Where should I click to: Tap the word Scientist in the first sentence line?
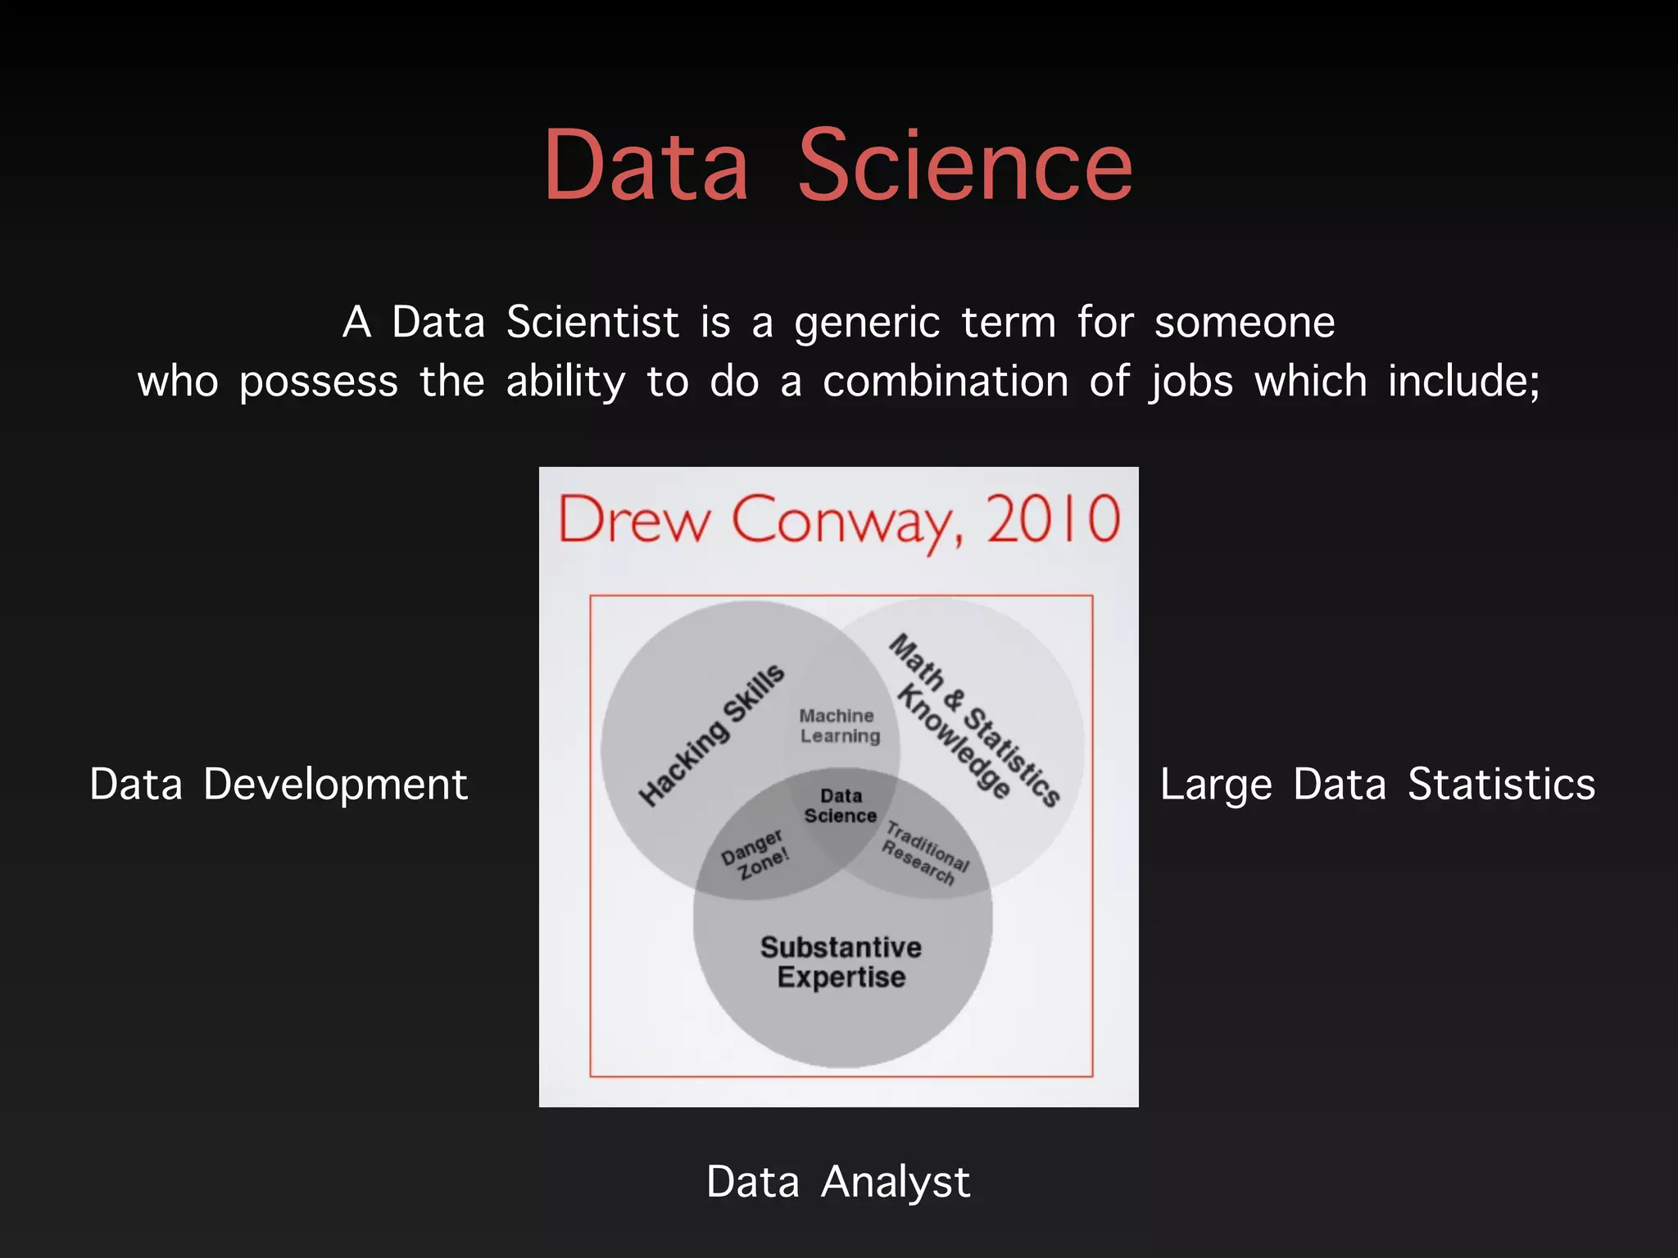click(x=592, y=322)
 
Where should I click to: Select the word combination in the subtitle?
click(x=946, y=382)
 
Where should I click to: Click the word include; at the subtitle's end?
click(x=1464, y=382)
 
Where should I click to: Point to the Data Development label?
click(x=279, y=784)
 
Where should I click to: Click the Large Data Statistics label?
click(x=1377, y=784)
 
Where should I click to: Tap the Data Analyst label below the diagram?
click(x=838, y=1182)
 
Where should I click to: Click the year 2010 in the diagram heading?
click(x=1053, y=519)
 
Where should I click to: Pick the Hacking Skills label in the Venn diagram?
click(x=711, y=735)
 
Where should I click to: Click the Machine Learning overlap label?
click(x=839, y=726)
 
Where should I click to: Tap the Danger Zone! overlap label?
click(x=755, y=854)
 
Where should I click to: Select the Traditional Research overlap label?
click(x=925, y=854)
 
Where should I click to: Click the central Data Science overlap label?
click(x=841, y=806)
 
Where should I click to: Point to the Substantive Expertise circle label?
click(x=841, y=962)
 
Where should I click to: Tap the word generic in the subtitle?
click(x=867, y=324)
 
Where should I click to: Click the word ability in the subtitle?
click(x=565, y=382)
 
